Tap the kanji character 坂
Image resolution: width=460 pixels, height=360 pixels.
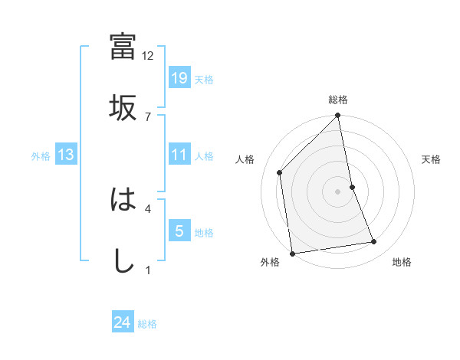click(x=123, y=107)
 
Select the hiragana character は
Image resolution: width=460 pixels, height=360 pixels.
click(x=123, y=201)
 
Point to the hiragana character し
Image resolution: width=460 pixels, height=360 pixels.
click(x=123, y=261)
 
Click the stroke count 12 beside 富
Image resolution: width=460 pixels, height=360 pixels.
click(x=148, y=56)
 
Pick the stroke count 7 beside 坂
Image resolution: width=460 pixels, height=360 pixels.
click(x=148, y=116)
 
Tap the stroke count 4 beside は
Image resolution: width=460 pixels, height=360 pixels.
click(x=148, y=208)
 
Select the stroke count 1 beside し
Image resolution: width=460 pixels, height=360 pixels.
click(x=148, y=270)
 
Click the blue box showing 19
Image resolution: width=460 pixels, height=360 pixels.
click(x=179, y=78)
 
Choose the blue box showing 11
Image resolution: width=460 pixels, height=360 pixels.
click(x=179, y=155)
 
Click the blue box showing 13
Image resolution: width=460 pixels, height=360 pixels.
click(x=66, y=155)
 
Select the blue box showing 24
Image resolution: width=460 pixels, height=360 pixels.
click(x=123, y=322)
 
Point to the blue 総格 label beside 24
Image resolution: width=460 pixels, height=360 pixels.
click(x=147, y=324)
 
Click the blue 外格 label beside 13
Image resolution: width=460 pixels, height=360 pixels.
click(x=41, y=156)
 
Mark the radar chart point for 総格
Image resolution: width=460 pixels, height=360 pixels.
click(x=338, y=116)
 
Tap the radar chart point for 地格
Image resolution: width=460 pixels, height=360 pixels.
click(x=374, y=242)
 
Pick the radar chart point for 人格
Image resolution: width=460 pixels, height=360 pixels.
click(x=280, y=172)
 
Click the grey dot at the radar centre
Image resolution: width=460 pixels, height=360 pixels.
click(x=338, y=191)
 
